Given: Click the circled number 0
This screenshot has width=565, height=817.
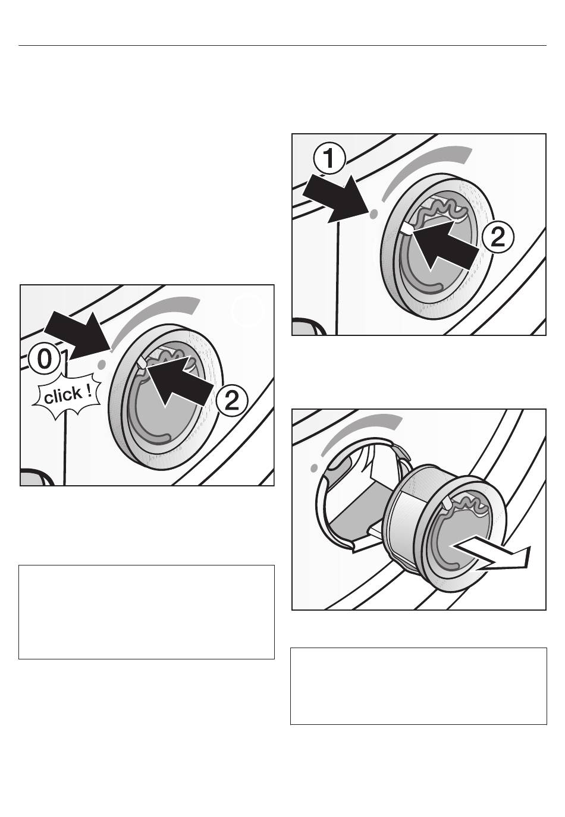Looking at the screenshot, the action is (x=43, y=359).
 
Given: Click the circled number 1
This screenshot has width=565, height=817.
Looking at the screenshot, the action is (x=329, y=160).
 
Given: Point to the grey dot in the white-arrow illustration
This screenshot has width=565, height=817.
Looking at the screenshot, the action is (x=313, y=467).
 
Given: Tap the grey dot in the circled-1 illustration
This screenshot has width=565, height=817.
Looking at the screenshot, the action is (x=372, y=215).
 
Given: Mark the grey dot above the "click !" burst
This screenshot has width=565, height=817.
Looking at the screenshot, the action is (x=102, y=363).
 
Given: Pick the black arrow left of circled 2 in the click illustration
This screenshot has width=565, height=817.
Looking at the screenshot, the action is (x=179, y=382).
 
